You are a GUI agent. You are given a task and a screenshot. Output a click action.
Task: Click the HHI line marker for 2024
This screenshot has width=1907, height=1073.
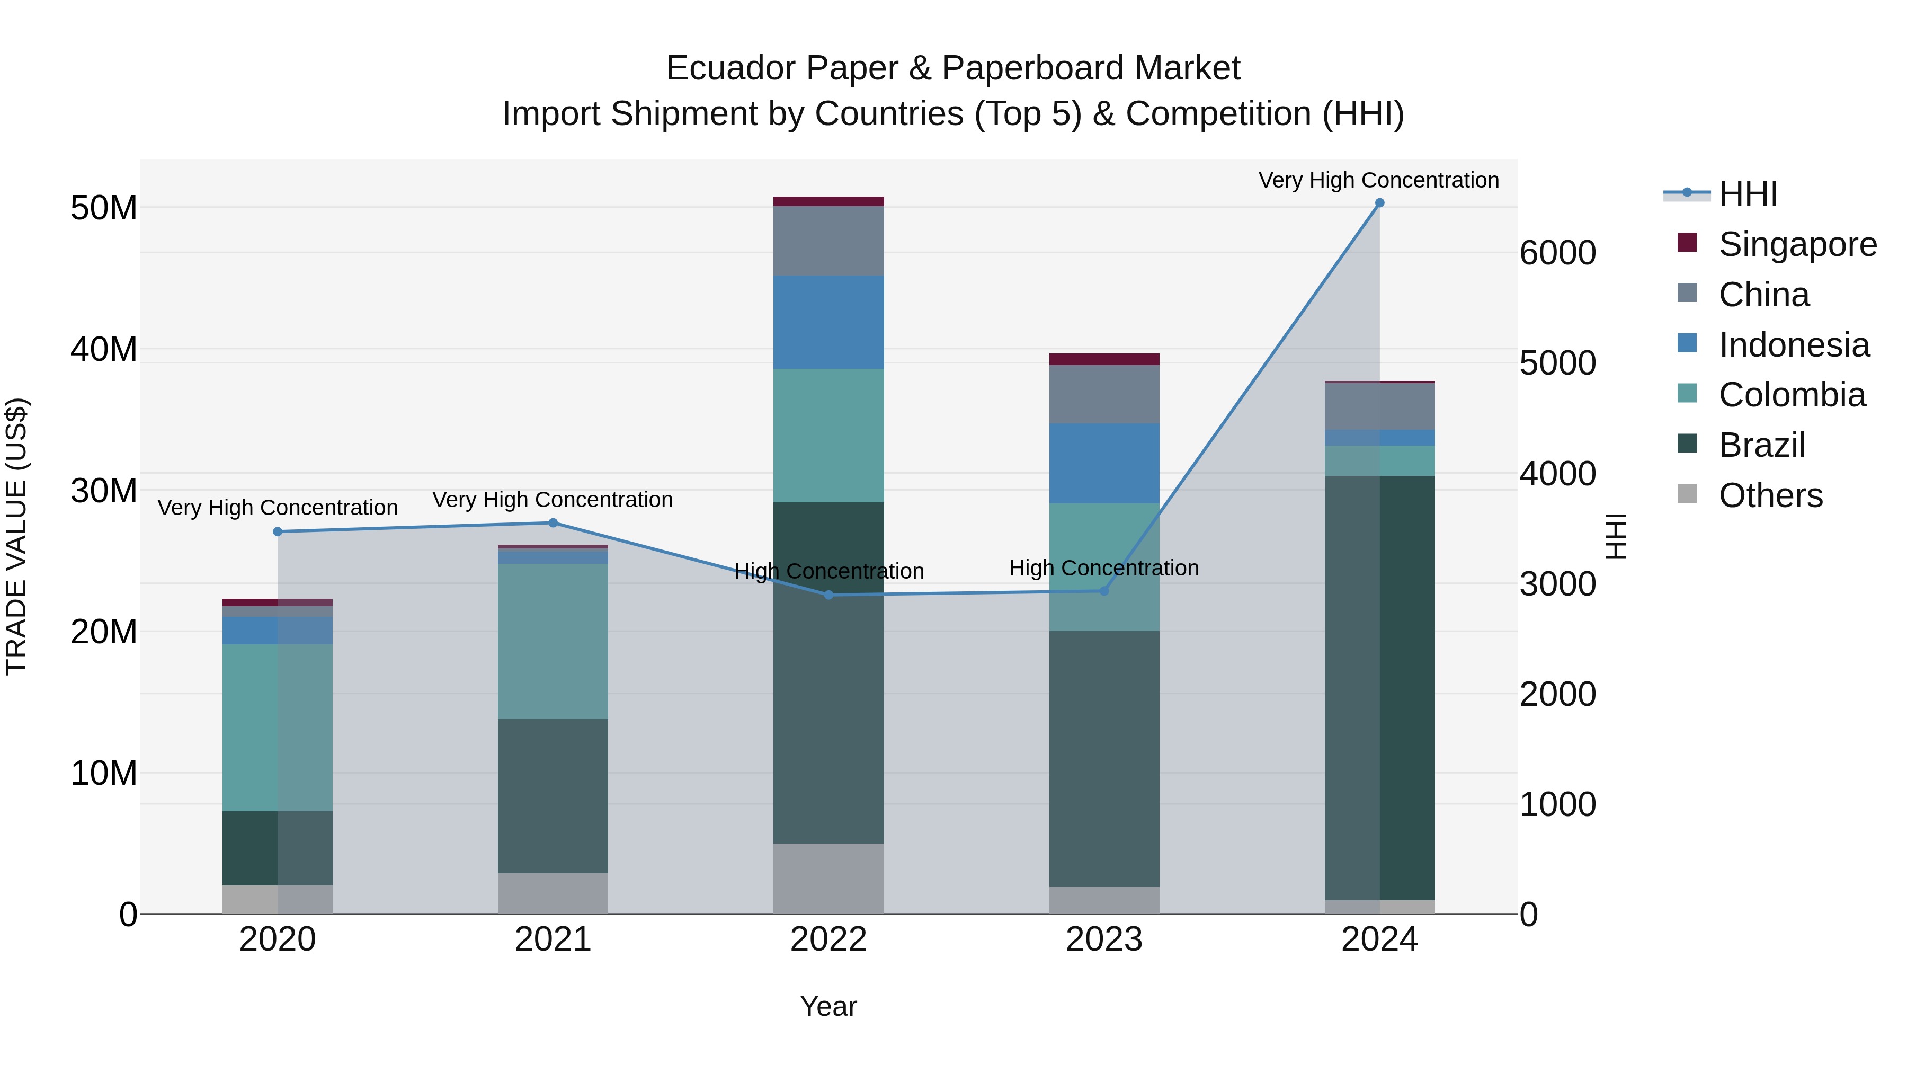(1379, 203)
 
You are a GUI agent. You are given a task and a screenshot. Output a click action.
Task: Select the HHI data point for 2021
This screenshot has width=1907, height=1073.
(553, 523)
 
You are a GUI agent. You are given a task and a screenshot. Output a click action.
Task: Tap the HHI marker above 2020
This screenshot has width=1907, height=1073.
(278, 531)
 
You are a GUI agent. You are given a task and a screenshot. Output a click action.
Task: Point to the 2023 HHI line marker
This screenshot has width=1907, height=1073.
(1104, 591)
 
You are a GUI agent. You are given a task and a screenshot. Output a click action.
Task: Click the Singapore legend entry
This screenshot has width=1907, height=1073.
(1797, 244)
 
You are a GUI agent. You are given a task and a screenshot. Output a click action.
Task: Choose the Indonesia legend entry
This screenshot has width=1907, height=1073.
(1793, 345)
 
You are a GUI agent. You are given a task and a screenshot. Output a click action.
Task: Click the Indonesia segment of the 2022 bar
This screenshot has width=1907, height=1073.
(828, 322)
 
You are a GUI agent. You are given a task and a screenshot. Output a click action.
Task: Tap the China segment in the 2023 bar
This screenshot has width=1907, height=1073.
(1104, 394)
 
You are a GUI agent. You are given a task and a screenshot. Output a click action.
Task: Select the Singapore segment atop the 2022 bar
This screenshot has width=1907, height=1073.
(828, 201)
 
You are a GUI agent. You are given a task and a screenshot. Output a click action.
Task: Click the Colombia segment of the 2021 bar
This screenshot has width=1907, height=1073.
(553, 641)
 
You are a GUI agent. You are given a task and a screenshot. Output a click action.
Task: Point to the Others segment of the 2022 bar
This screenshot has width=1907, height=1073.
(828, 878)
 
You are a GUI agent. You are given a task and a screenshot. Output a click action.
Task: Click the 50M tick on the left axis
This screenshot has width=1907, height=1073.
(104, 208)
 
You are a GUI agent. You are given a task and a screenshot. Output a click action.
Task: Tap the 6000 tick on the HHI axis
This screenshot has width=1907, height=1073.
(1557, 253)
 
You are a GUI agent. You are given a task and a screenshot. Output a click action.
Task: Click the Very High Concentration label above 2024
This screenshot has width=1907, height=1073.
(1378, 181)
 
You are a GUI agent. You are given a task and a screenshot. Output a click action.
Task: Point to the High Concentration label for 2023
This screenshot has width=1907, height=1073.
(1104, 569)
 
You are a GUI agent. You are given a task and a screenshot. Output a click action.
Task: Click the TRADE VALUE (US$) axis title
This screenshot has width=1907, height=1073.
(17, 536)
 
